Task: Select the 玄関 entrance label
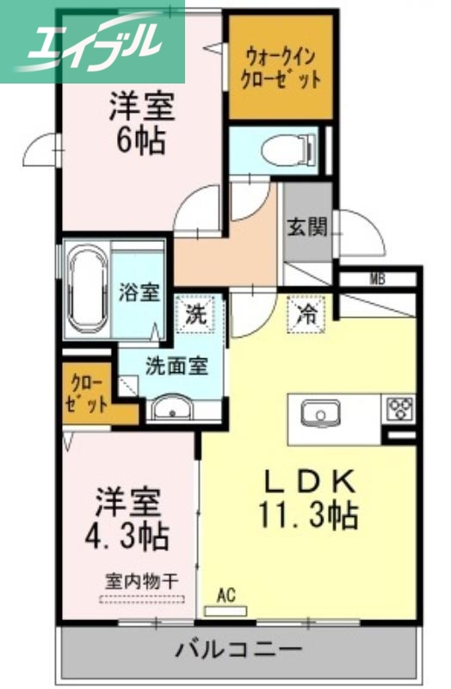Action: (306, 227)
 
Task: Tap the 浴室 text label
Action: (139, 291)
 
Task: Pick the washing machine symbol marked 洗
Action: (195, 314)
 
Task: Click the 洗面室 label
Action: (176, 365)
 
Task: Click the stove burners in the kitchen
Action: (399, 406)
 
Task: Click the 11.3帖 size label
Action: (308, 516)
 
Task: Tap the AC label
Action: (226, 593)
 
